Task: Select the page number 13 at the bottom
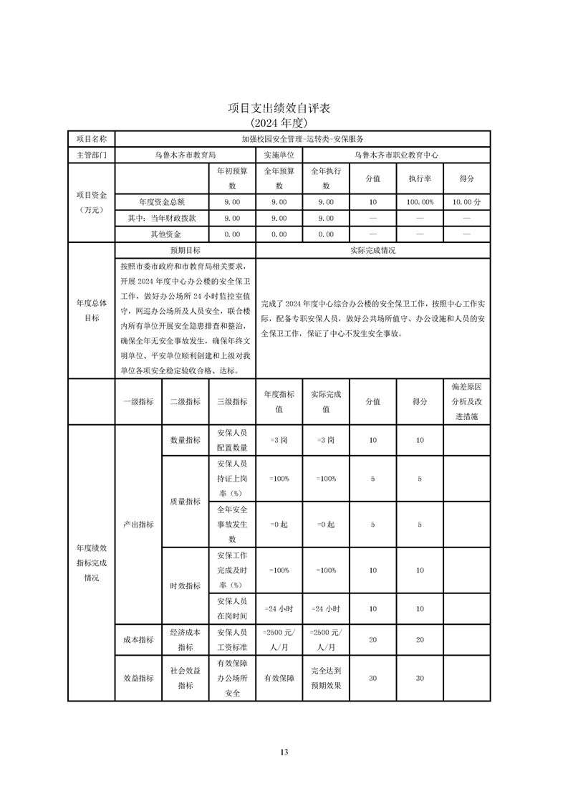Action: (x=284, y=752)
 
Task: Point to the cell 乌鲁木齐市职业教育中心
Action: (x=396, y=155)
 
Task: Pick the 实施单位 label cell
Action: (x=279, y=155)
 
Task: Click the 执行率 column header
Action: (x=420, y=178)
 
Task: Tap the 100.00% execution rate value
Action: (x=420, y=203)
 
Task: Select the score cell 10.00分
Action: (x=466, y=203)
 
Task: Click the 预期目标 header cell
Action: (x=185, y=251)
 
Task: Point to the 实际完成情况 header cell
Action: (x=372, y=251)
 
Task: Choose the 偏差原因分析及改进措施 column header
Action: (x=466, y=401)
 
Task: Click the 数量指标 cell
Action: (x=185, y=440)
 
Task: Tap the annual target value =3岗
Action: (x=279, y=440)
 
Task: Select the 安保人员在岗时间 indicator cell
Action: (x=232, y=608)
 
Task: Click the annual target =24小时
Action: (x=279, y=608)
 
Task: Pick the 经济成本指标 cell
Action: (x=185, y=640)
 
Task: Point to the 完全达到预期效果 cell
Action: (x=326, y=678)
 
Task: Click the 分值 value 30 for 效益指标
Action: (x=372, y=678)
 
